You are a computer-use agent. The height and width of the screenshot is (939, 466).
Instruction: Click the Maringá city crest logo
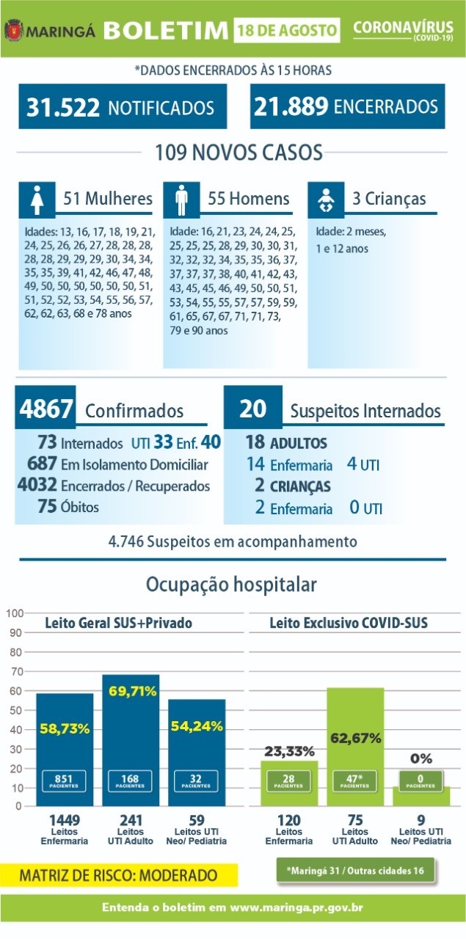coord(13,30)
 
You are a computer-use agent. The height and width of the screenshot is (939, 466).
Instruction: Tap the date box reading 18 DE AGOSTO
coord(286,30)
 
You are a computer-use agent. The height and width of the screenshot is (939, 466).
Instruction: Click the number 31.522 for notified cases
coord(63,107)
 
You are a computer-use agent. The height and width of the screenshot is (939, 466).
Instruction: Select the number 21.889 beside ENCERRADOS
coord(291,106)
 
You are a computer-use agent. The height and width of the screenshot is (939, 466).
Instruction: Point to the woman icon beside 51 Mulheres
coord(37,200)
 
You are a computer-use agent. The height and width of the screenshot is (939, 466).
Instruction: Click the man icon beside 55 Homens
coord(181,200)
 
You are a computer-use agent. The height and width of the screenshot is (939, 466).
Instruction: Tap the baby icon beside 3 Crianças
coord(326,200)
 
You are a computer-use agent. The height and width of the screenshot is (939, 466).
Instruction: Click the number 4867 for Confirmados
coord(45,409)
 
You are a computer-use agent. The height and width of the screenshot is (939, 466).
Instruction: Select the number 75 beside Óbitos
coord(46,506)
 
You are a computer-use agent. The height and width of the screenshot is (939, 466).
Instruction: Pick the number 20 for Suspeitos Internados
coord(253,408)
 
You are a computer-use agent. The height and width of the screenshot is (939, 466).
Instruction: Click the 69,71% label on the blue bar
coord(133,691)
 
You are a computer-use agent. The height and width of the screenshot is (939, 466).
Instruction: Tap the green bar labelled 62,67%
coord(355,746)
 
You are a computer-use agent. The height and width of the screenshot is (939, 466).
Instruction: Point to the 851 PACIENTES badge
coord(64,781)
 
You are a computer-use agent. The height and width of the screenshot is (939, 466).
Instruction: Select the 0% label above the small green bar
coord(421,759)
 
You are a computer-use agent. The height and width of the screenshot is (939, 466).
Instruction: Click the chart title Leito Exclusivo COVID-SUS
coord(349,623)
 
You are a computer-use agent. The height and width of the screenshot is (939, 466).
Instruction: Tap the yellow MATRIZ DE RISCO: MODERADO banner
coord(119,875)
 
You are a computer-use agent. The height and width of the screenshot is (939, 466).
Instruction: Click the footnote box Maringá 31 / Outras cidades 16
coord(355,871)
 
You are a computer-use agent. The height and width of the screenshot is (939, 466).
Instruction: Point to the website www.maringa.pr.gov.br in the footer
coord(296,907)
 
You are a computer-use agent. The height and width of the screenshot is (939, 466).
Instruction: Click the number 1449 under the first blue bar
coord(64,820)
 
